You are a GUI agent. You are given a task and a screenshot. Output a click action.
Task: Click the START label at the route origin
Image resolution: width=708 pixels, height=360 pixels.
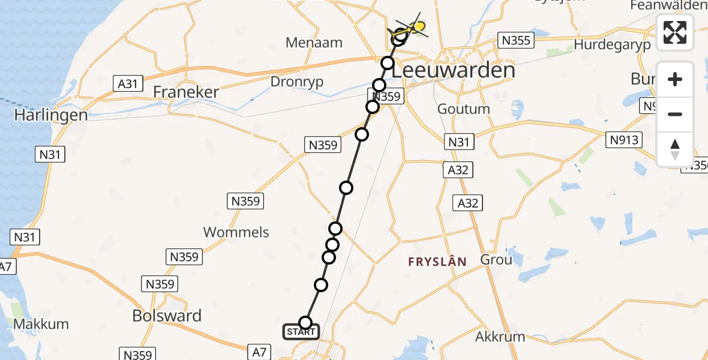point(301,332)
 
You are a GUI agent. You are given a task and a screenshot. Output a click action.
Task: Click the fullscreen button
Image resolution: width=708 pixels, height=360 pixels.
point(675,32)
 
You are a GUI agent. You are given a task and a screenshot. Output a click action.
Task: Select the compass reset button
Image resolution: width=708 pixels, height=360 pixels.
point(675,149)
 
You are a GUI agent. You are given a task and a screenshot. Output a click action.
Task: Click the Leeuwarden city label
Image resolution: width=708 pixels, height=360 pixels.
point(454,71)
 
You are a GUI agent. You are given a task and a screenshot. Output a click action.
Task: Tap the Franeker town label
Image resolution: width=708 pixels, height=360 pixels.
point(186,92)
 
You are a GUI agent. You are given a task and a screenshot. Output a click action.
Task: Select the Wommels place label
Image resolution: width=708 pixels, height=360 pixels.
point(236,232)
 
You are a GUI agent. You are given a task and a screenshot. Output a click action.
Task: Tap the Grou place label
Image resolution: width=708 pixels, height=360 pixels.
point(496,260)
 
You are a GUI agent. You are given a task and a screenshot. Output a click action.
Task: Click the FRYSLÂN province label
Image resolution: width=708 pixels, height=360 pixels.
point(437,262)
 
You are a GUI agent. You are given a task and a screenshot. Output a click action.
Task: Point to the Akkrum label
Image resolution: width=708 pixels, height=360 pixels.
point(500,337)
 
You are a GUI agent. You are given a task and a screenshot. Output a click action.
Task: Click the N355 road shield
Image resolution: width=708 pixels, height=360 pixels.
point(515,41)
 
